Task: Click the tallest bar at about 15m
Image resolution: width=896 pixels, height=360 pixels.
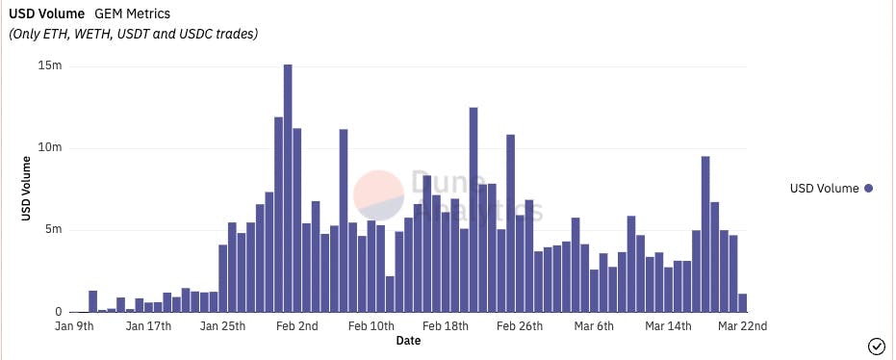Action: (288, 188)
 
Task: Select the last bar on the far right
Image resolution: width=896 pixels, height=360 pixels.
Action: (743, 303)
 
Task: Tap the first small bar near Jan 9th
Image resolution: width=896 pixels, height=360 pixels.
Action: (93, 301)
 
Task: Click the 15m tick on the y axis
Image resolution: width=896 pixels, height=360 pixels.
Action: (51, 65)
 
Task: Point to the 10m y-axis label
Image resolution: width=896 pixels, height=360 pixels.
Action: (50, 148)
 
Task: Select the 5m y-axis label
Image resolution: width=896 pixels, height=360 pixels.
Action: (53, 230)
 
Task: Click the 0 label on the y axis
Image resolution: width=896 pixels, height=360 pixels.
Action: (58, 312)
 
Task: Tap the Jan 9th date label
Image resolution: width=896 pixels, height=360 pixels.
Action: (74, 326)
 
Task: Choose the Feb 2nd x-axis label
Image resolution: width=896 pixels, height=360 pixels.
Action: (297, 326)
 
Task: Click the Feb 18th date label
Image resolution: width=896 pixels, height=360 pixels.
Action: (447, 326)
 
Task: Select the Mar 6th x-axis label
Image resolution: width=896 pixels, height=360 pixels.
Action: (595, 326)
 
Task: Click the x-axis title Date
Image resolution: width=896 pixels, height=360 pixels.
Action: (408, 340)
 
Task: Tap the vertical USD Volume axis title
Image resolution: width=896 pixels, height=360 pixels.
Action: (27, 189)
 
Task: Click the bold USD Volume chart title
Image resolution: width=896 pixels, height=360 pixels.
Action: (47, 14)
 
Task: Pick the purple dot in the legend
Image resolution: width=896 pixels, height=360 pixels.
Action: (868, 189)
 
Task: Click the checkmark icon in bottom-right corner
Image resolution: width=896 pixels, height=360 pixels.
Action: (876, 346)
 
